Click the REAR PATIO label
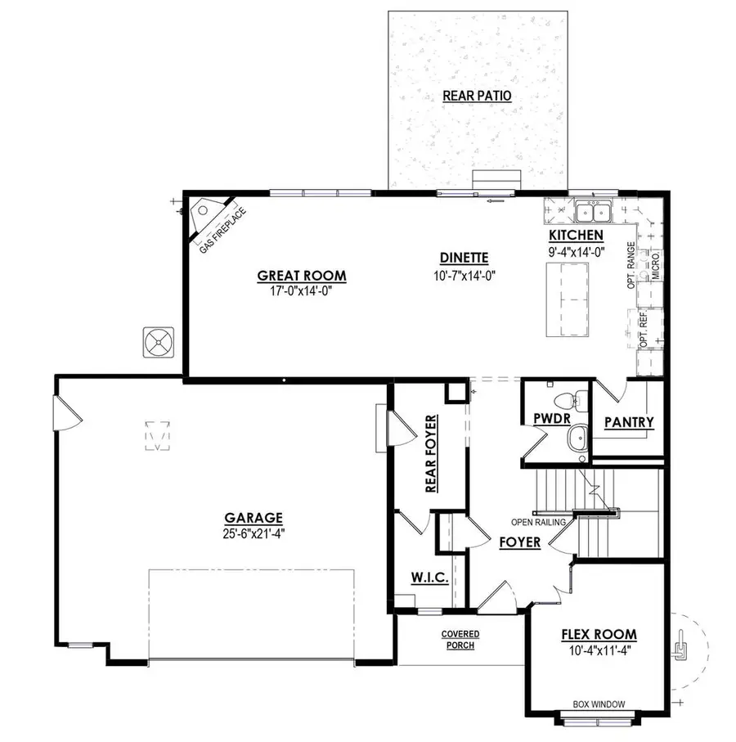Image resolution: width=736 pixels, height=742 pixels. point(477,96)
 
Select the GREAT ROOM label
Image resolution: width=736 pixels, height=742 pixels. point(302,276)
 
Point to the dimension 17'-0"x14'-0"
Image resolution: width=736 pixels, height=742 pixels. point(302,290)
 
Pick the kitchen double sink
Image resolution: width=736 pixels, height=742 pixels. point(595,213)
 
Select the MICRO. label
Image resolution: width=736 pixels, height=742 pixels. point(656,266)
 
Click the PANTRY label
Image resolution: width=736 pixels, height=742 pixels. point(629,422)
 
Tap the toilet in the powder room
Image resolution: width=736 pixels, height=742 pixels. point(569,401)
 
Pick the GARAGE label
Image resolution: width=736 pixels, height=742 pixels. point(254,517)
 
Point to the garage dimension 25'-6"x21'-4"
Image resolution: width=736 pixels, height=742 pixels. point(254,533)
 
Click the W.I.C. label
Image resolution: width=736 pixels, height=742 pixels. point(429,578)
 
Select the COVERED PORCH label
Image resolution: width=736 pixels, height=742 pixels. point(460,640)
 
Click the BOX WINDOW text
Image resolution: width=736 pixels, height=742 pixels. point(599,704)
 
